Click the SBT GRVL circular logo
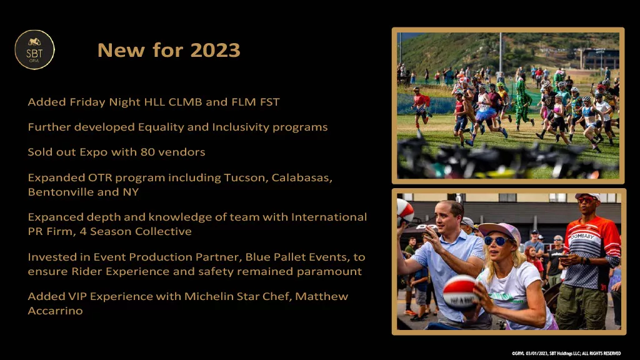35,50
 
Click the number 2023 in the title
215,50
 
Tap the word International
329,217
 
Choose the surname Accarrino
55,311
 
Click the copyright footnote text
566,354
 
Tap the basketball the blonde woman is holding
461,292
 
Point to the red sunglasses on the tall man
586,200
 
